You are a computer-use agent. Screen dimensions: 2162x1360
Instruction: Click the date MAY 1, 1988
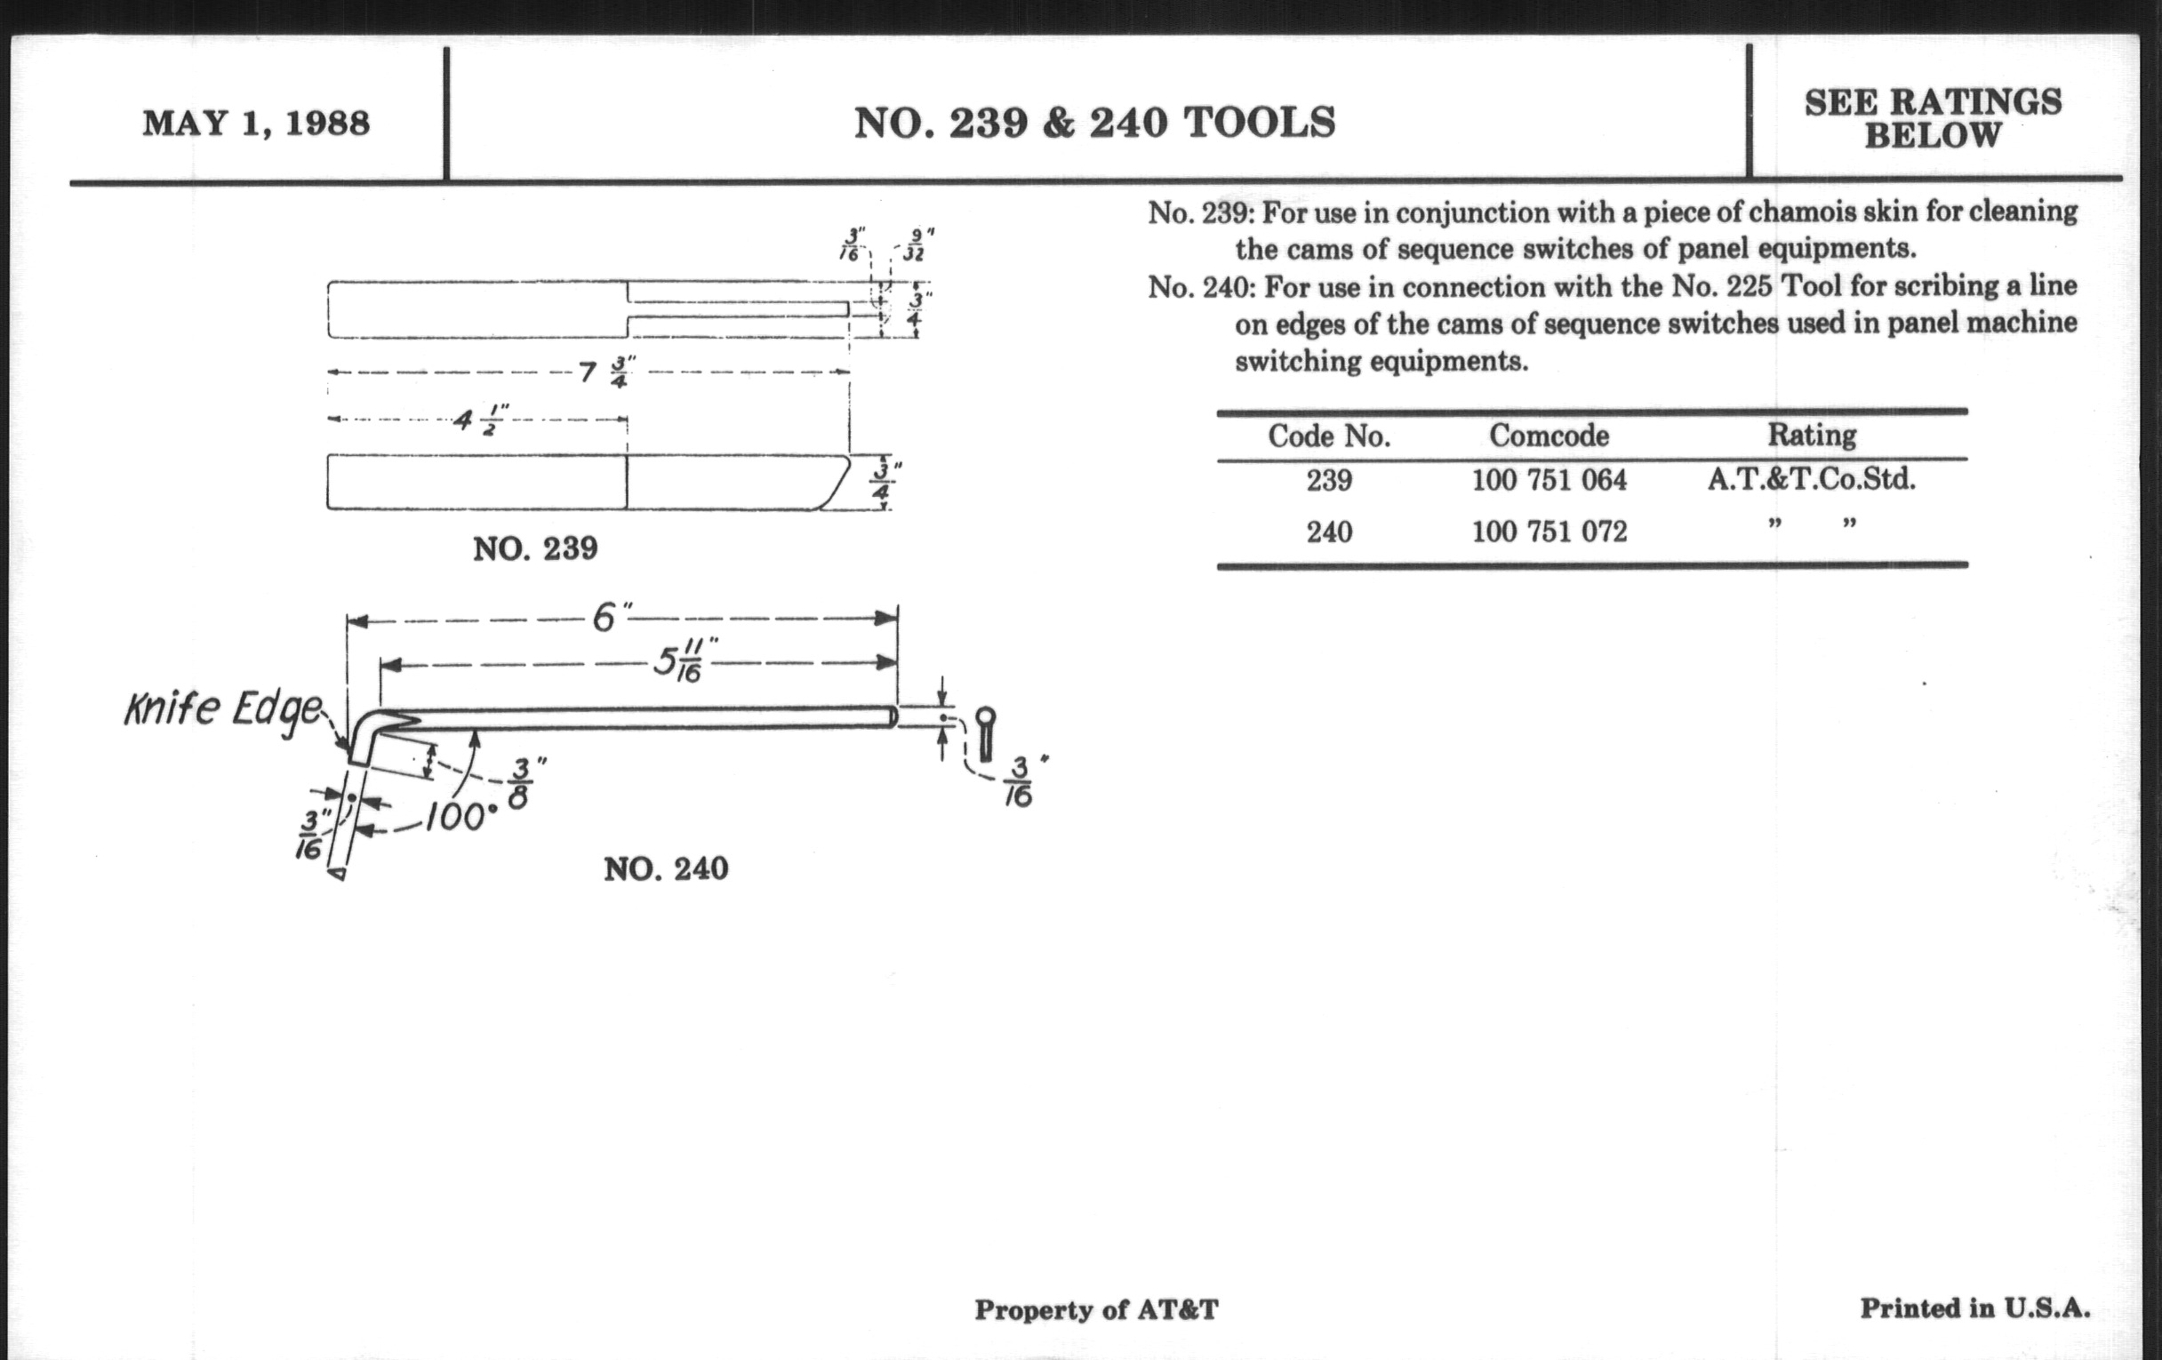[256, 123]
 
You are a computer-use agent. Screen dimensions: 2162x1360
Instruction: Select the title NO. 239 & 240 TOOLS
[1094, 123]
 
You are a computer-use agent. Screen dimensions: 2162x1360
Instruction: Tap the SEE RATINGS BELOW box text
[1933, 118]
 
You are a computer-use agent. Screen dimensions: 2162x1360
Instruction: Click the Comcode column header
[1549, 436]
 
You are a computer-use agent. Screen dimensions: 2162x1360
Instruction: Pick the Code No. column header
[1329, 436]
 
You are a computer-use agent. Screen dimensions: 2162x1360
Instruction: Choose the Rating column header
[1812, 435]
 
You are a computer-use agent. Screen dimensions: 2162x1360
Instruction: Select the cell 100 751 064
[1549, 480]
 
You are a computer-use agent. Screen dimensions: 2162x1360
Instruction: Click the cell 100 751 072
[1549, 532]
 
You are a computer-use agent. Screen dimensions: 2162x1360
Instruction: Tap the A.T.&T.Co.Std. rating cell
[1811, 479]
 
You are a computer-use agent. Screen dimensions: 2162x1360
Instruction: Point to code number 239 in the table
[1329, 481]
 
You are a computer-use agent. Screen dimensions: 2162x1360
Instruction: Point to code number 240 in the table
[1329, 532]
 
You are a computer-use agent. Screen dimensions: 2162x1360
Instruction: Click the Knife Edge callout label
[221, 711]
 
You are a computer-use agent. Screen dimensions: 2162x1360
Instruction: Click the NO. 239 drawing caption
[535, 548]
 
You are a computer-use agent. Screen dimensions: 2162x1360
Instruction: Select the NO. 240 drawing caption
[665, 868]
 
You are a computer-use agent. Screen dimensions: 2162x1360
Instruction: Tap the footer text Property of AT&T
[1096, 1310]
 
